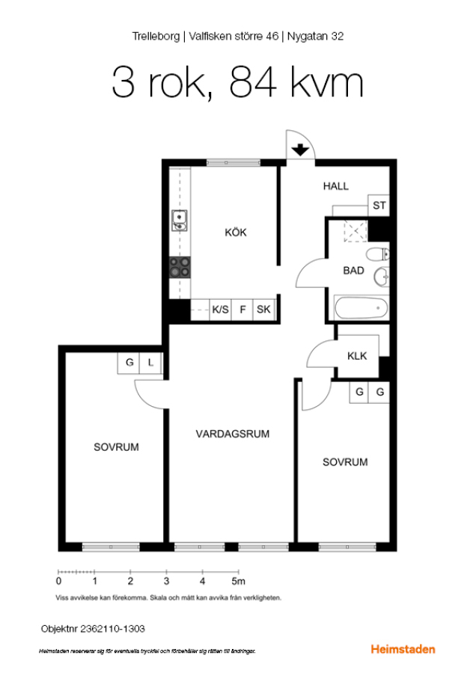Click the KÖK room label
click(x=236, y=233)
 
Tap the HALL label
click(x=335, y=186)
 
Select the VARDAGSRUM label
click(x=233, y=434)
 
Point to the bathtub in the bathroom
click(x=361, y=308)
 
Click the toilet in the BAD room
click(x=378, y=254)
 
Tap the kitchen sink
click(x=179, y=220)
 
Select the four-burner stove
click(x=180, y=267)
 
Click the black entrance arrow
click(x=300, y=150)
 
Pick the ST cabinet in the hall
click(x=379, y=205)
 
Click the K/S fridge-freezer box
click(x=220, y=309)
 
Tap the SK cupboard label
click(x=263, y=309)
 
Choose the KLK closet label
click(x=357, y=356)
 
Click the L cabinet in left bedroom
click(x=150, y=363)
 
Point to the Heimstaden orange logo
click(x=403, y=649)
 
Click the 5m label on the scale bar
click(x=239, y=581)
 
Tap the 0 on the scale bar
click(x=58, y=581)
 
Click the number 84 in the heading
click(x=253, y=82)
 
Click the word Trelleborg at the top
click(x=156, y=36)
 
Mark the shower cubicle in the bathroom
click(x=356, y=231)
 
